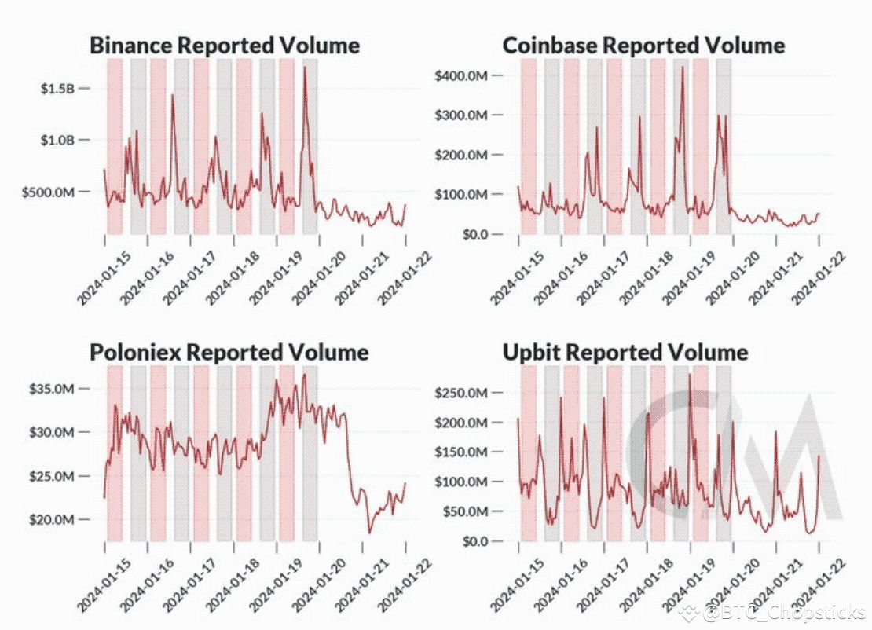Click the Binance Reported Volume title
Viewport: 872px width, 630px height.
click(225, 45)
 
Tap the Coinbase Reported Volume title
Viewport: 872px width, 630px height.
click(643, 45)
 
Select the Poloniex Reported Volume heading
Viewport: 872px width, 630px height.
click(229, 352)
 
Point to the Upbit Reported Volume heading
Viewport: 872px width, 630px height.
click(625, 352)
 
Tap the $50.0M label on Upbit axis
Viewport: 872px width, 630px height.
click(464, 511)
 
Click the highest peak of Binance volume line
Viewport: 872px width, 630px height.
click(305, 68)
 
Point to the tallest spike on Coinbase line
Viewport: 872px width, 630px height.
click(682, 67)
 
